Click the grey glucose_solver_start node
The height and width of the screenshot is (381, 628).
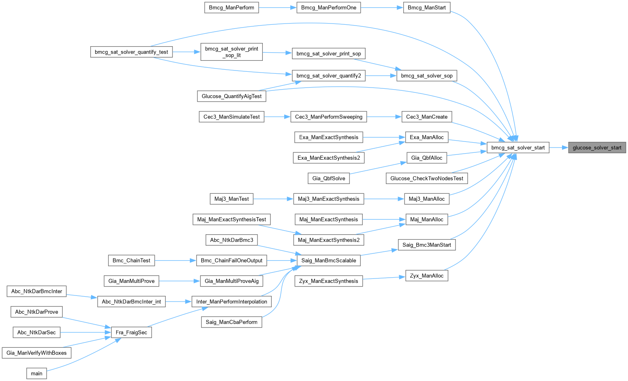coord(597,148)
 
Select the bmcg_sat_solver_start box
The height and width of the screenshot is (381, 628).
coord(518,148)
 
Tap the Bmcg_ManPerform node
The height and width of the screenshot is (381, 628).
coord(232,8)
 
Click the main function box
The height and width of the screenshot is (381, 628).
coord(36,373)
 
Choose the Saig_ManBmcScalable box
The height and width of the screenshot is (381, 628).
coord(329,261)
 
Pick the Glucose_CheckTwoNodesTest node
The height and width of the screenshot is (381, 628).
coord(427,178)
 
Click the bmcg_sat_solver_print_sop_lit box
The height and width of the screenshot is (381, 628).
coord(232,52)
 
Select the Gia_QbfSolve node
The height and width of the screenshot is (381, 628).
coord(329,178)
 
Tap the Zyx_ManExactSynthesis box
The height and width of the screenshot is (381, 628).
coord(329,281)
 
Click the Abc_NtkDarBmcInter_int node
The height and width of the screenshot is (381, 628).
coord(131,302)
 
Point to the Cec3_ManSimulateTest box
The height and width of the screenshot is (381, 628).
coord(232,117)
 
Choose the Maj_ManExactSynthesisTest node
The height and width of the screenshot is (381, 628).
coord(232,219)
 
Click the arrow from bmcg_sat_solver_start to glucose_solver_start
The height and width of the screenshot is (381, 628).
coord(558,148)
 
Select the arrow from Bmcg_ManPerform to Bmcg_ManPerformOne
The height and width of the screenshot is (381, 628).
coord(277,8)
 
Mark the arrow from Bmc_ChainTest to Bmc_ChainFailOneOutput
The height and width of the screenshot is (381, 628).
coord(175,261)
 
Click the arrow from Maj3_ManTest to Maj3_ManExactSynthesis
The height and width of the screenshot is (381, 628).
coord(273,199)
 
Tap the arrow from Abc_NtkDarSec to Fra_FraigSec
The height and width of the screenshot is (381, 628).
coord(85,332)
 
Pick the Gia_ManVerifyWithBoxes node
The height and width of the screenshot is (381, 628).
coord(36,353)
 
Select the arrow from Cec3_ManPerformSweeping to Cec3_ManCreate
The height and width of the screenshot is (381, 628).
coord(384,117)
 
